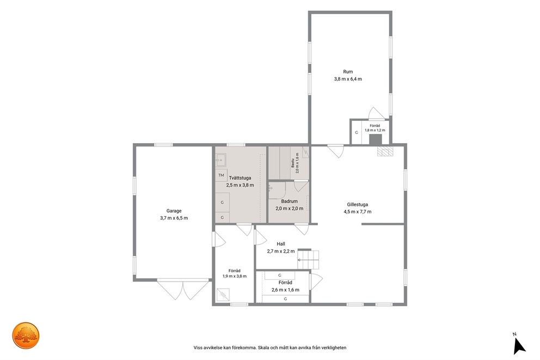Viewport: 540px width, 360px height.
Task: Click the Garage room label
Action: (174, 211)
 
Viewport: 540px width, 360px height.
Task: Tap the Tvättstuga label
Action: (240, 178)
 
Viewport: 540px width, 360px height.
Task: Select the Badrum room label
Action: (289, 201)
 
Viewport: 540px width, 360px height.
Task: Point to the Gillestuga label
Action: (358, 204)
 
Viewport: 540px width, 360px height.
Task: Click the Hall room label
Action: (281, 244)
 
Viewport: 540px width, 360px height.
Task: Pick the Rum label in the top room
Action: (348, 72)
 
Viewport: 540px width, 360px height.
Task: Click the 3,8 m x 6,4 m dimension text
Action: (348, 79)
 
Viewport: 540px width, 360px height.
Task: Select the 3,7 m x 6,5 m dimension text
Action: (174, 218)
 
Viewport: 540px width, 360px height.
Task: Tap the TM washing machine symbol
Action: (221, 175)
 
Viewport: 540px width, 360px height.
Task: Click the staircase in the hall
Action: (308, 259)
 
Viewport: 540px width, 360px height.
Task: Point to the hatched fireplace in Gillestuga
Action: (385, 152)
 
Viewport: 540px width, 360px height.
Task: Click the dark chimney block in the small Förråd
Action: (376, 139)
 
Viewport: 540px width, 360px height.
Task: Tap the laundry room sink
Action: (221, 160)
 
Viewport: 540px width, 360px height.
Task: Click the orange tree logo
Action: (26, 335)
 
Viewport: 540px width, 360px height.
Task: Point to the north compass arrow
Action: (519, 346)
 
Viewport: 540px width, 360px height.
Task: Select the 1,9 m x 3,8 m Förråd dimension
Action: (235, 276)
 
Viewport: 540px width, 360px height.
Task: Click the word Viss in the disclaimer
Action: (198, 347)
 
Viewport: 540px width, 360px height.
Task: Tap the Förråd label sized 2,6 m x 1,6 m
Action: (285, 283)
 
